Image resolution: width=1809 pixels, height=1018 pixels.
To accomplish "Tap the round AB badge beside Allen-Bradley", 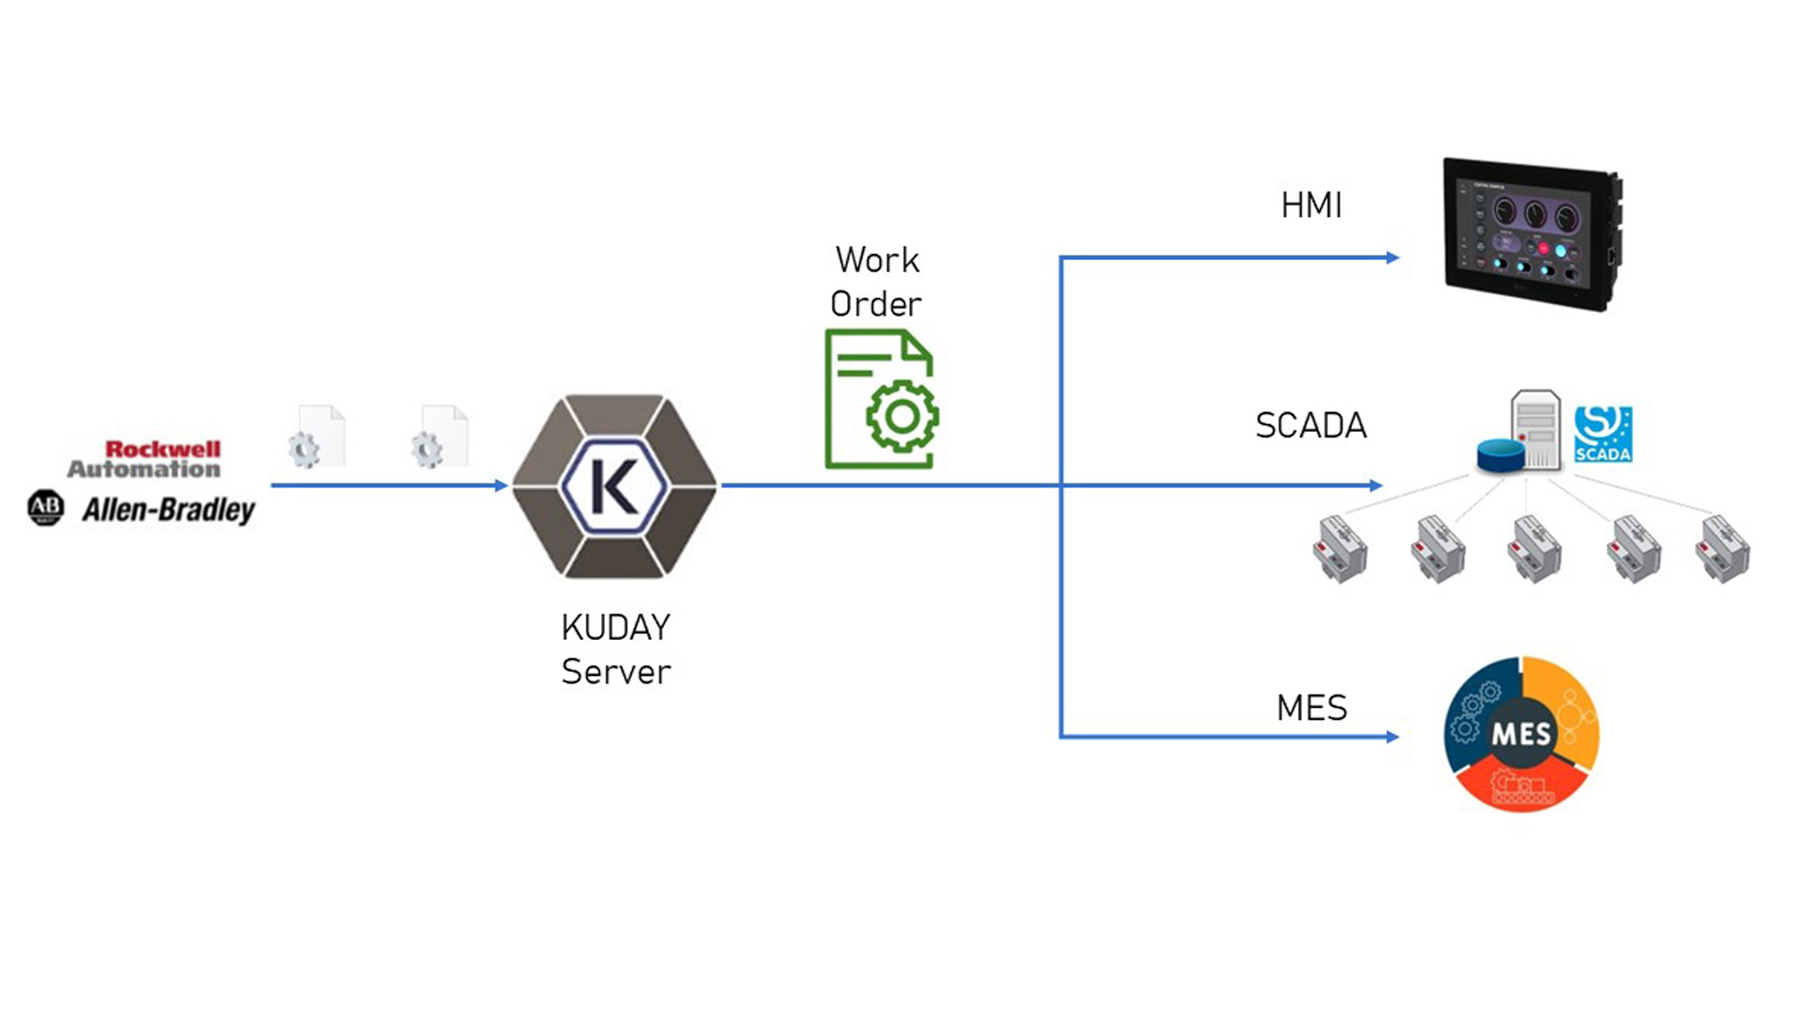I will point(45,508).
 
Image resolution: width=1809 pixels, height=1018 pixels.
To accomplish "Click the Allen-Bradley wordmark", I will point(169,510).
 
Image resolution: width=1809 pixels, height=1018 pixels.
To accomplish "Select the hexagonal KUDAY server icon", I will point(614,485).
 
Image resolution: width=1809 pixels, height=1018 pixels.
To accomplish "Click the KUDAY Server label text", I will point(616,649).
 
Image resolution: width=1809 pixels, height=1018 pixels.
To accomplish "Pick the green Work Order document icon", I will point(881,399).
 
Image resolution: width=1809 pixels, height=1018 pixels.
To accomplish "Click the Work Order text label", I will point(876,282).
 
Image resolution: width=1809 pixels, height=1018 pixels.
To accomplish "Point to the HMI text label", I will point(1311,205).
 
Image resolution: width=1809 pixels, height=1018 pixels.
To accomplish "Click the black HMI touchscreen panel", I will point(1530,234).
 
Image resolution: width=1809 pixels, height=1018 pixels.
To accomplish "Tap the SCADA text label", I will point(1311,426).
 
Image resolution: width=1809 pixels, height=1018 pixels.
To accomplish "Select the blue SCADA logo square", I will point(1603,434).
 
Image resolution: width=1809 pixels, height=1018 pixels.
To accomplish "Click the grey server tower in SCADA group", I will point(1537,428).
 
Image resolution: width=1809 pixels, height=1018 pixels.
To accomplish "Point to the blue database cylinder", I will point(1500,456).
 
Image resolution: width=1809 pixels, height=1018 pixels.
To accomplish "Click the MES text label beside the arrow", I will point(1312,708).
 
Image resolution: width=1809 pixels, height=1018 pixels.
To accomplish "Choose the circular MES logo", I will point(1521,733).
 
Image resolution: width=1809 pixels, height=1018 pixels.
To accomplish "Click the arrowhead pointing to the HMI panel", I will point(1393,257).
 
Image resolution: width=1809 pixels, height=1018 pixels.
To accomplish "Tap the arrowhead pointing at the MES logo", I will point(1393,737).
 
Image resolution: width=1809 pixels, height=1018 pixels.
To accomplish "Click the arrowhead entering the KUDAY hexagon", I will point(501,485).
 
